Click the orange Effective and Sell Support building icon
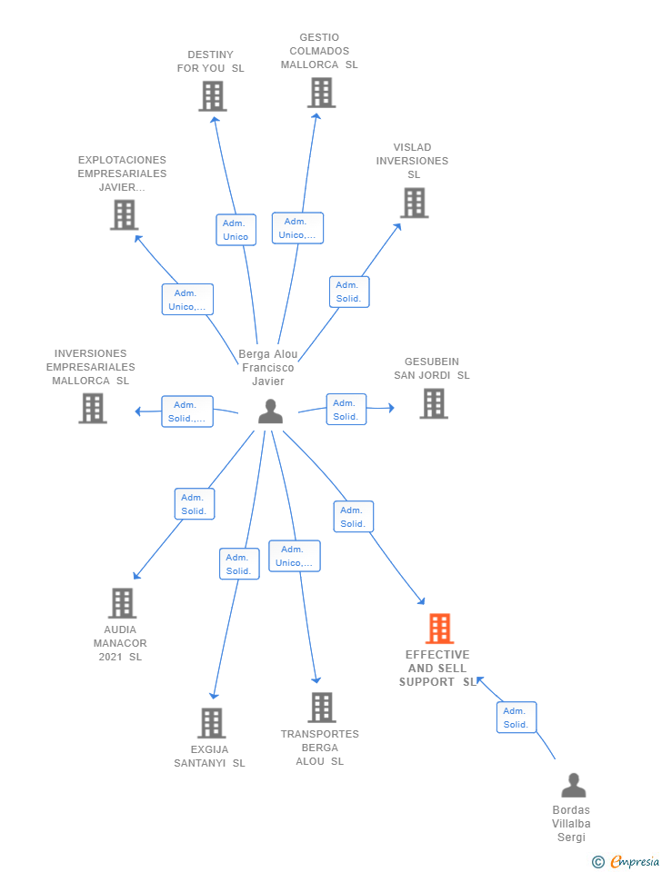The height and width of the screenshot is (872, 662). [x=439, y=629]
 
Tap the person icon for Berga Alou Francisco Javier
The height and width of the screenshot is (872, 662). [x=270, y=411]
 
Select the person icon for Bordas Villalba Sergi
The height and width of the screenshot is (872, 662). [x=573, y=785]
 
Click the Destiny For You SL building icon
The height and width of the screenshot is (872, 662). [x=212, y=95]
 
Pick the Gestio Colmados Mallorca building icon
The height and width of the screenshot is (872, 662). [x=321, y=92]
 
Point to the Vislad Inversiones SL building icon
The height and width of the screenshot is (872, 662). [x=414, y=203]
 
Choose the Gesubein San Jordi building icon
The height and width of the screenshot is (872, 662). [x=434, y=403]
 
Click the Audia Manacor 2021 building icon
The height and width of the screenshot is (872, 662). [x=122, y=602]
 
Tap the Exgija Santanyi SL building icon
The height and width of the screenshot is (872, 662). [x=211, y=723]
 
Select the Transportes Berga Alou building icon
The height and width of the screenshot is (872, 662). [x=321, y=707]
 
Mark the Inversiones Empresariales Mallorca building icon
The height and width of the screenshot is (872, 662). [x=93, y=409]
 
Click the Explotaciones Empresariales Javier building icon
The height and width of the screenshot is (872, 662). [x=124, y=214]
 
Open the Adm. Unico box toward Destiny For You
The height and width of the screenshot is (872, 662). [x=236, y=230]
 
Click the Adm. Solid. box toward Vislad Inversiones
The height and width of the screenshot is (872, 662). [x=348, y=292]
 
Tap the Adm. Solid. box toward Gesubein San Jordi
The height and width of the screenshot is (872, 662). [x=346, y=410]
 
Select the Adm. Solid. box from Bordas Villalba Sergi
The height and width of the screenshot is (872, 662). [x=516, y=718]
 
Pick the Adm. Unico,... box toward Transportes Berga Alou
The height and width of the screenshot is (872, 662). [x=295, y=556]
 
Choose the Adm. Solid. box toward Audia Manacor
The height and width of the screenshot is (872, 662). [x=194, y=504]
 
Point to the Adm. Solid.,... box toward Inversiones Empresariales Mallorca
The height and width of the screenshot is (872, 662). [x=187, y=411]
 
